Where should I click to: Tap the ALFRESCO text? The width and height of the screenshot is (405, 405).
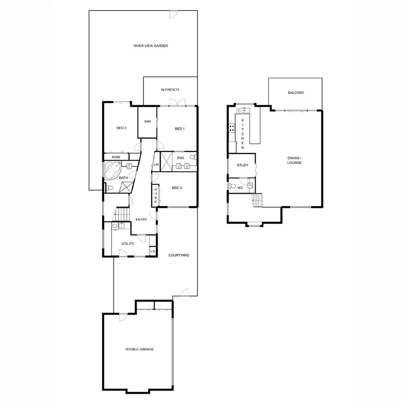click(170, 90)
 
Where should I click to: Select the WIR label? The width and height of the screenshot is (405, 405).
click(147, 122)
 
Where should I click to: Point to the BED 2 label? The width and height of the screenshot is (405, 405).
click(121, 128)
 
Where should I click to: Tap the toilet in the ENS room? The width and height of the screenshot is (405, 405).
click(193, 157)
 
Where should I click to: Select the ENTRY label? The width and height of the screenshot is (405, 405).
click(141, 220)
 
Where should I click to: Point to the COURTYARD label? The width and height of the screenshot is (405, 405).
click(179, 255)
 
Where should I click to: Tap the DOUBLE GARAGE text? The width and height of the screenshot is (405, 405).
click(136, 349)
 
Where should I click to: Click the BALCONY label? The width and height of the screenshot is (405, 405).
click(296, 93)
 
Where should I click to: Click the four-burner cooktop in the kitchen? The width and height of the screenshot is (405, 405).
click(232, 128)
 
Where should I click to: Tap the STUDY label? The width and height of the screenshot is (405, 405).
click(243, 165)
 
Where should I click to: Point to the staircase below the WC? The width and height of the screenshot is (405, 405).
click(257, 199)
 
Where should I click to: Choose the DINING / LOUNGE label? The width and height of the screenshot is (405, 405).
click(295, 160)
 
